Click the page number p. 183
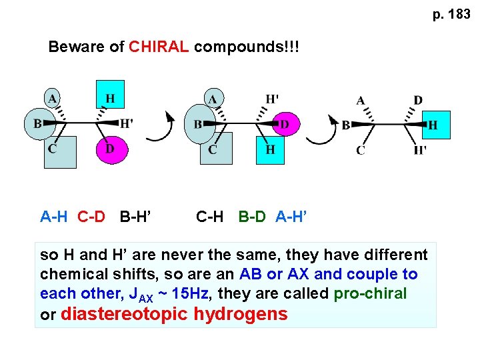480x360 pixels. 451,14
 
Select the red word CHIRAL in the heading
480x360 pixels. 159,47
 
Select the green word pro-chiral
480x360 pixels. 370,294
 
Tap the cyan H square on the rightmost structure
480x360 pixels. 433,125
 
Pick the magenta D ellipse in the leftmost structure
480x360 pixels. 109,149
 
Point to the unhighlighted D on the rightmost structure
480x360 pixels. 418,101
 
